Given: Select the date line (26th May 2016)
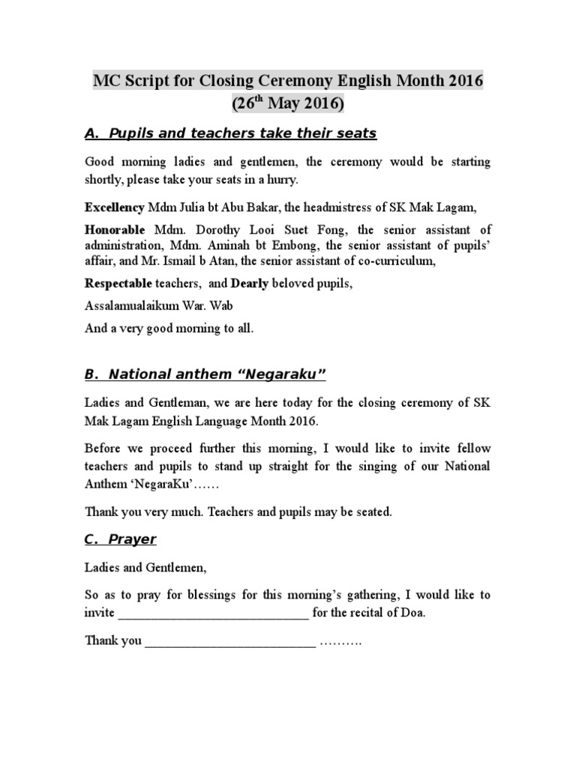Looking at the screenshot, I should pyautogui.click(x=288, y=103).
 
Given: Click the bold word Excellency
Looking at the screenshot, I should pyautogui.click(x=115, y=206).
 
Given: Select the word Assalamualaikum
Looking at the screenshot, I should pyautogui.click(x=128, y=307).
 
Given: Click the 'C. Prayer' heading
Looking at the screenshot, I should pyautogui.click(x=120, y=539).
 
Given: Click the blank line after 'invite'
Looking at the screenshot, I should pyautogui.click(x=213, y=613).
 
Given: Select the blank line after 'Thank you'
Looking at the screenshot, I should pyautogui.click(x=230, y=642).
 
